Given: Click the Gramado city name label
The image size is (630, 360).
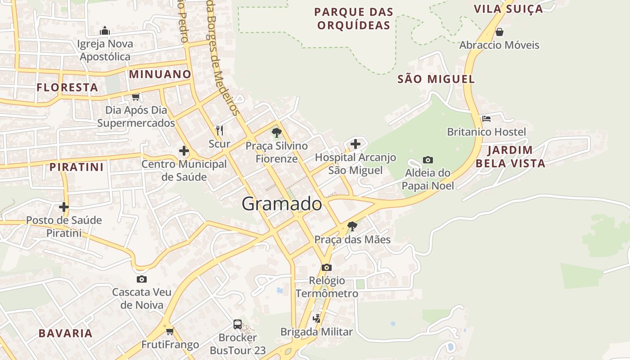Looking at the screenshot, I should pos(282,204).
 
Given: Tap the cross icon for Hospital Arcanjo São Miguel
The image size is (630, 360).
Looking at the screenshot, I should pos(355,144).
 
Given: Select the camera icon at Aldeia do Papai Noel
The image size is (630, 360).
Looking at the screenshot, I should pos(428,160).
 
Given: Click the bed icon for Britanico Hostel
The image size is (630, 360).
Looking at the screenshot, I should pos(486,119).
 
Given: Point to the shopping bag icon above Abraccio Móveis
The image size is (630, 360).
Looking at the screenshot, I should pos(499,32).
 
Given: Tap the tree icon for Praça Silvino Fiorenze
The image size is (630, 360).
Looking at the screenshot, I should pos(277,133).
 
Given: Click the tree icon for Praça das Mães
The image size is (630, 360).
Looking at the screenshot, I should pos(352,226).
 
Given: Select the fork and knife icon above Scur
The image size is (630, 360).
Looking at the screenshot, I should pos(220,130).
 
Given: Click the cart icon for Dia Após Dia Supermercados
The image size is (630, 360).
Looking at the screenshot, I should pos(135,97).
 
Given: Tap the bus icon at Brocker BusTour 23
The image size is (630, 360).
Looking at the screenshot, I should pos(238,324).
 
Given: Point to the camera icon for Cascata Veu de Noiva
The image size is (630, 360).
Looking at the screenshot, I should pos(142,279).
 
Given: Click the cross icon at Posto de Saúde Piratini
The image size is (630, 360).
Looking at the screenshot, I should pos(64,207).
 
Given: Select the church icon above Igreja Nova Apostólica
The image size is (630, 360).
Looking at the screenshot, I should pos(105,31).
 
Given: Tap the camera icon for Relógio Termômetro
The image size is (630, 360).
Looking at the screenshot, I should pos(327,267).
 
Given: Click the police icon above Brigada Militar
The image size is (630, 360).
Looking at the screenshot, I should pos(316,319).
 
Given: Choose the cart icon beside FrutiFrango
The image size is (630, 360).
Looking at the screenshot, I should pos(170,332).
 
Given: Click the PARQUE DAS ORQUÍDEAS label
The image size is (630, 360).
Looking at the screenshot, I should pos(354,18).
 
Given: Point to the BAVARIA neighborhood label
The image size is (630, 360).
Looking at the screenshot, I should pos(65,333).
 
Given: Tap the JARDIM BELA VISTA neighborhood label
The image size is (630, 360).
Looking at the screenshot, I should pos(510,157).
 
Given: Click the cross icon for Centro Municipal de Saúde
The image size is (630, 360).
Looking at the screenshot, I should pos(184,151).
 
